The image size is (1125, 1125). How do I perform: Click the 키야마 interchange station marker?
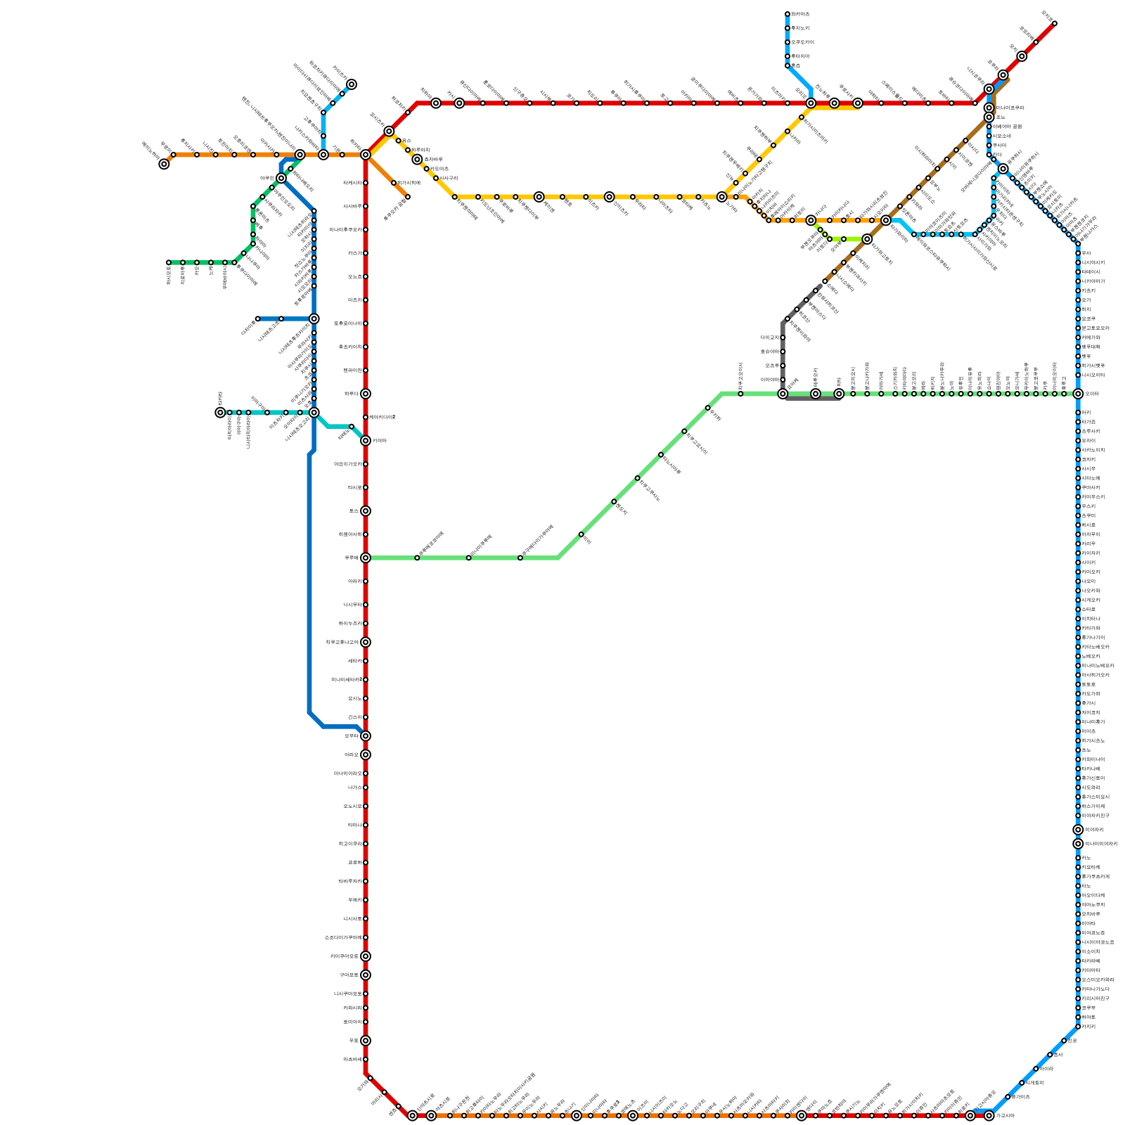pyautogui.click(x=366, y=440)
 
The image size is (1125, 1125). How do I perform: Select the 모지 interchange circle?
pyautogui.click(x=1022, y=56)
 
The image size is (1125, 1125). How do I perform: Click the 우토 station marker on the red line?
pyautogui.click(x=366, y=1041)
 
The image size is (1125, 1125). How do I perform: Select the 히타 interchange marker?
pyautogui.click(x=839, y=394)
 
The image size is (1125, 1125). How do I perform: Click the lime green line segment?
pyautogui.click(x=854, y=239)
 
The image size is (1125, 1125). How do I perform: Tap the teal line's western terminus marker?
pyautogui.click(x=220, y=412)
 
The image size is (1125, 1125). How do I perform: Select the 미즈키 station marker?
pyautogui.click(x=366, y=300)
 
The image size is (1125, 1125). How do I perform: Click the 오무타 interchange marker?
pyautogui.click(x=366, y=735)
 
